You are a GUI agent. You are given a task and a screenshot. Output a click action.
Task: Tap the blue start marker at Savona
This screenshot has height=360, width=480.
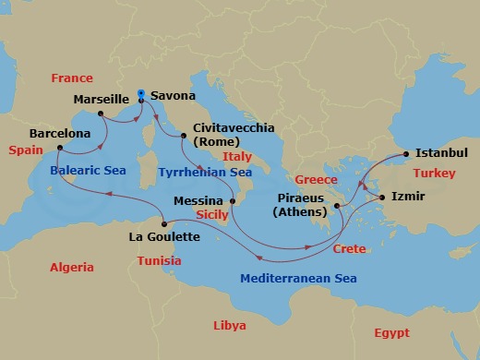pos(140,92)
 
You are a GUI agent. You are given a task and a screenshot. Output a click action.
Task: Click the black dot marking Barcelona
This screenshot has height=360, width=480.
pos(58,148)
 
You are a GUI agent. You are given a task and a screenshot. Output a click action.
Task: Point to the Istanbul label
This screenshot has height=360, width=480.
pos(441,152)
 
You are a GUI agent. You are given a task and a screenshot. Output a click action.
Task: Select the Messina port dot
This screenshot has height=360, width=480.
pos(234,200)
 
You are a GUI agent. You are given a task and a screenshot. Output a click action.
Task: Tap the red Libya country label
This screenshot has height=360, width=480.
pos(230,326)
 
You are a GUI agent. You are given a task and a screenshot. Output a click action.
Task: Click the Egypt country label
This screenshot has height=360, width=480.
pos(391,332)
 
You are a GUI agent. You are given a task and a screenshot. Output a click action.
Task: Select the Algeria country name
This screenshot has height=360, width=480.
pos(72,268)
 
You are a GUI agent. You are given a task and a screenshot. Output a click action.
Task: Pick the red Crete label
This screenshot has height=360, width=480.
pos(349,249)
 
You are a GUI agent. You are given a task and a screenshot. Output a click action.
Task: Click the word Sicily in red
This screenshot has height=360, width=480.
pos(212,214)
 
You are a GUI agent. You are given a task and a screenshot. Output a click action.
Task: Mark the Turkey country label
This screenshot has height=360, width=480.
pos(434,173)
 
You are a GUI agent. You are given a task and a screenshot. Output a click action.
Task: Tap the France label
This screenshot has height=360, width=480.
pos(71,78)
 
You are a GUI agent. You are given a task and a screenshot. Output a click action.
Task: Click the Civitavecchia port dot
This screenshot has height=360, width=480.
pos(185,137)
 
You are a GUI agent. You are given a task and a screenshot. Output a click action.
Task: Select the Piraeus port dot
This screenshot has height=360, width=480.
pos(338,206)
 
